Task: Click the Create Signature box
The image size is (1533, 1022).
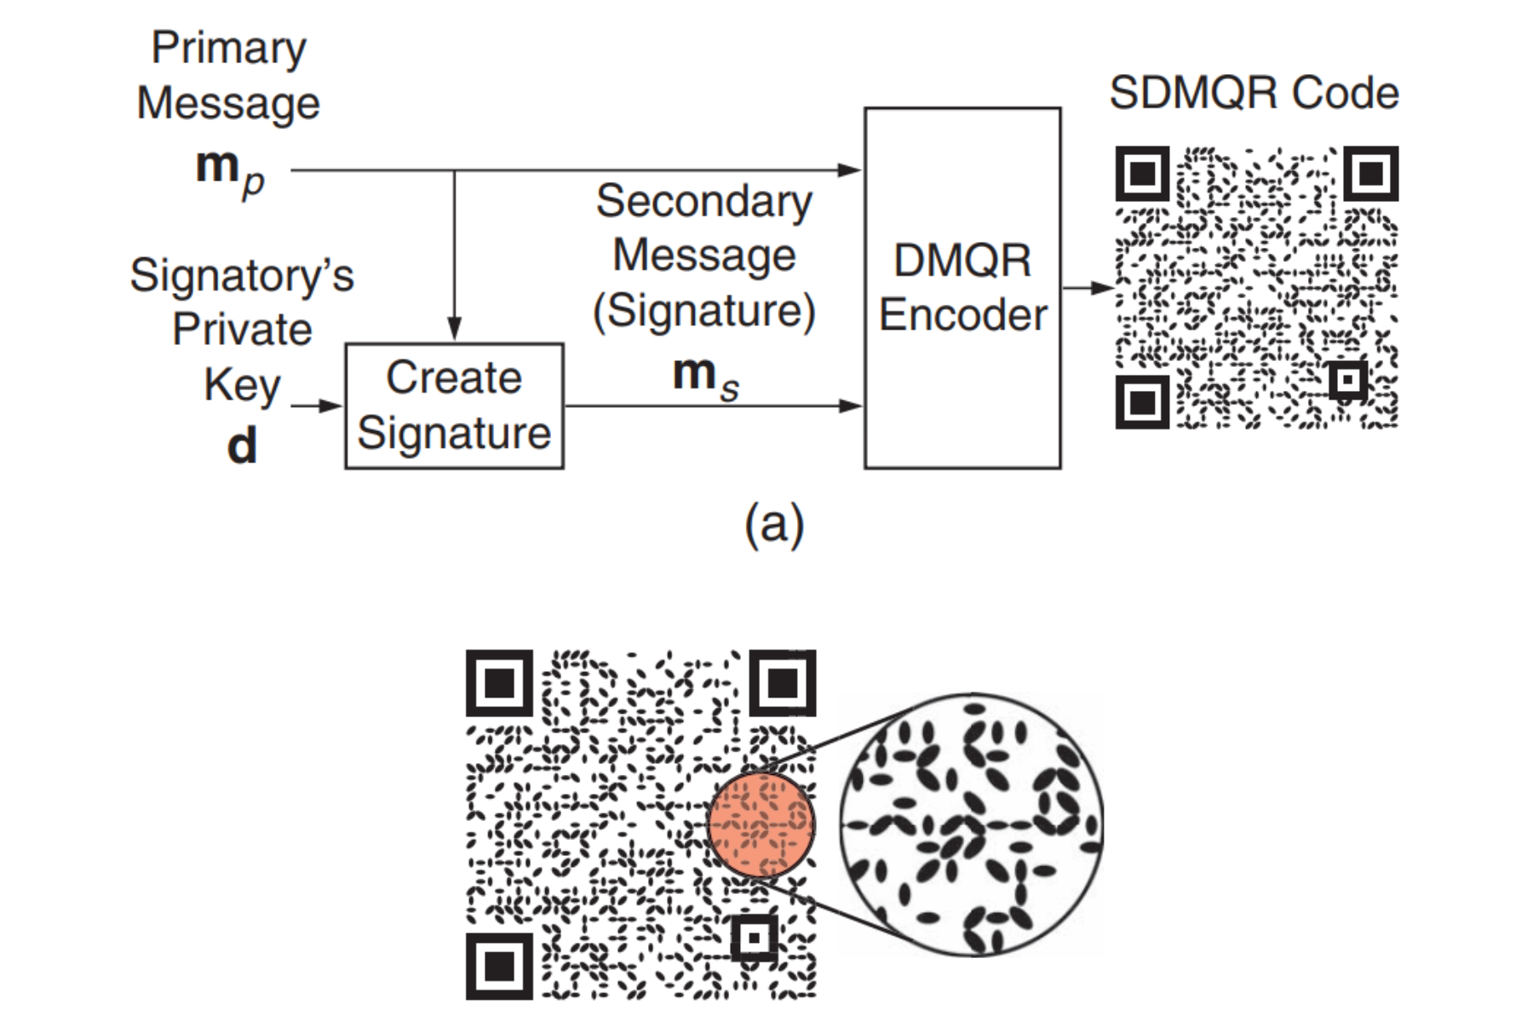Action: (x=454, y=405)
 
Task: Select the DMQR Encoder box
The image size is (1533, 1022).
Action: (x=962, y=288)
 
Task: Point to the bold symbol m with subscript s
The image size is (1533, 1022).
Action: (x=703, y=376)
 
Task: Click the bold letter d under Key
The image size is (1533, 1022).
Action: (x=242, y=445)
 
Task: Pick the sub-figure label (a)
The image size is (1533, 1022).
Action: (x=773, y=524)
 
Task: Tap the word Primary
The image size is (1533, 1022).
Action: (x=228, y=48)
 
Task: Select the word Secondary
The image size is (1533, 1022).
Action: (x=703, y=202)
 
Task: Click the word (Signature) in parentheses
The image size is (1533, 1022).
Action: (x=703, y=311)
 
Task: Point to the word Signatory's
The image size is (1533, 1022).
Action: (x=242, y=276)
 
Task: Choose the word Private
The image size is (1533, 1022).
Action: (x=242, y=330)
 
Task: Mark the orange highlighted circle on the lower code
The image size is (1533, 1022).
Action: (x=761, y=824)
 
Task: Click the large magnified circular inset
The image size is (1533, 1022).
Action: (x=971, y=824)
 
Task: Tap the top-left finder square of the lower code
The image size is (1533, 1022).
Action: (x=499, y=683)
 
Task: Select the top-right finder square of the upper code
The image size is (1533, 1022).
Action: (x=1370, y=174)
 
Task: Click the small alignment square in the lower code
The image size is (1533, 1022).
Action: (x=754, y=938)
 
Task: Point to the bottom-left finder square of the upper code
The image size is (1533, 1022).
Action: (x=1142, y=401)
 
